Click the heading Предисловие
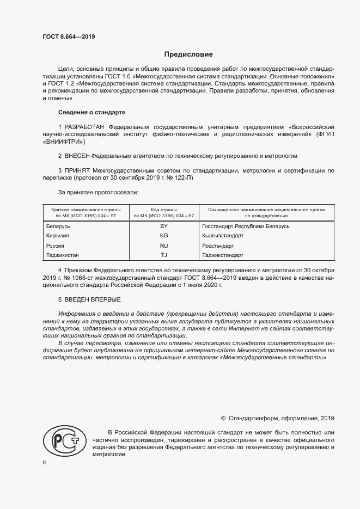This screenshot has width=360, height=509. point(189,54)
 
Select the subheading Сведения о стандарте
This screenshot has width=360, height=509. point(91,112)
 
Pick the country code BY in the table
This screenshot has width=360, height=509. point(164,226)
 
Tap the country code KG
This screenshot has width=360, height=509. point(164,236)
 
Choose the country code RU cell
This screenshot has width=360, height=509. point(164,246)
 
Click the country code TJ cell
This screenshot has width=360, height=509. point(164,255)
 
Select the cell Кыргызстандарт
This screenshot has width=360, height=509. point(222,236)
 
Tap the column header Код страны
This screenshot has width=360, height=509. point(164,210)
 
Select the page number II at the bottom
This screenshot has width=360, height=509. point(44,463)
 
